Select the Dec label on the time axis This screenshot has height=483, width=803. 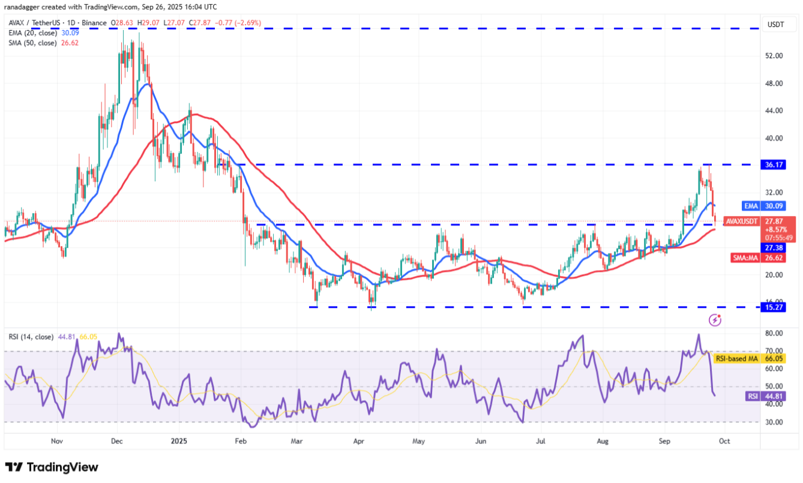(117, 440)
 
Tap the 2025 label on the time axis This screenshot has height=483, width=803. (179, 440)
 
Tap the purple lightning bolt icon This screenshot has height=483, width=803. (715, 320)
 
